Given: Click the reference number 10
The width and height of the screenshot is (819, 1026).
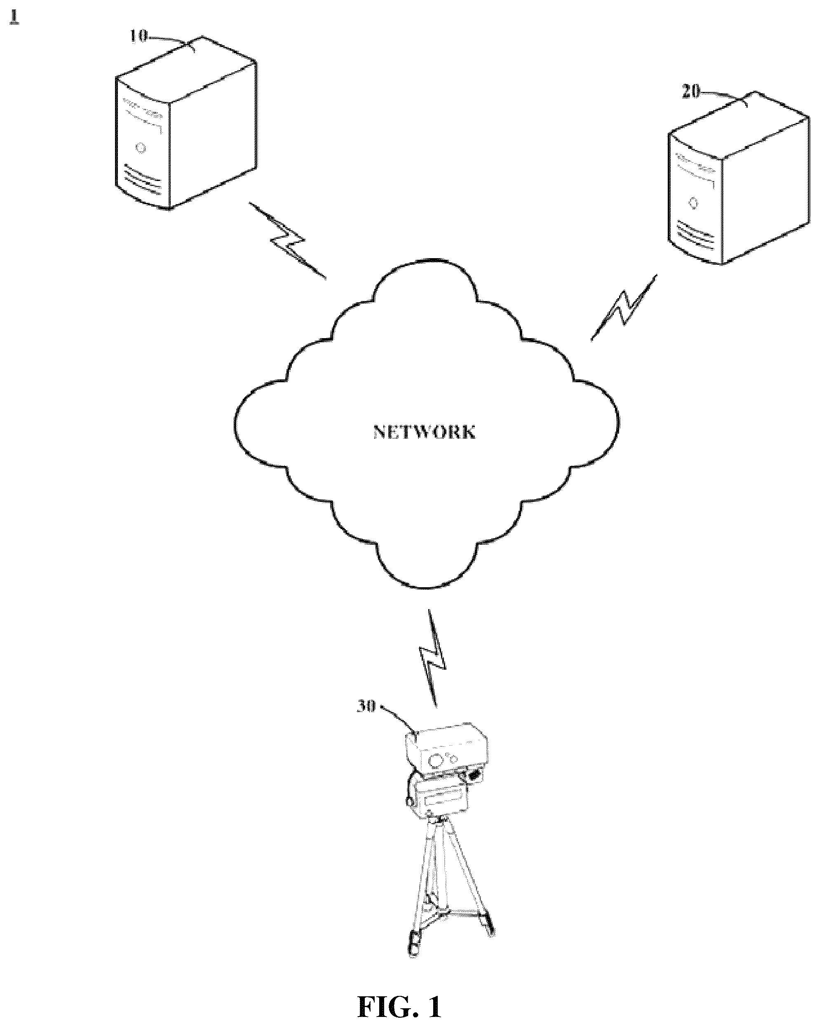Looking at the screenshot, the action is pyautogui.click(x=139, y=37).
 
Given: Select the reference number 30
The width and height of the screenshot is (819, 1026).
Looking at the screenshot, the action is pyautogui.click(x=366, y=706).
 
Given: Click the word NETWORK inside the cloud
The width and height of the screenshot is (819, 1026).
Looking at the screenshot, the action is pyautogui.click(x=424, y=432).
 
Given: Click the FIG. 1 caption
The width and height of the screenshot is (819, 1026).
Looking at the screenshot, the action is pyautogui.click(x=399, y=1007).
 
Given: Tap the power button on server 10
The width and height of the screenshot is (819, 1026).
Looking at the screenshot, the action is pyautogui.click(x=140, y=148).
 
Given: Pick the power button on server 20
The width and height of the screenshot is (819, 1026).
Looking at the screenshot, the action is pyautogui.click(x=693, y=203).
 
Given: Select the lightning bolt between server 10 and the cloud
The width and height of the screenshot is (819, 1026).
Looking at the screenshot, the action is pyautogui.click(x=287, y=240).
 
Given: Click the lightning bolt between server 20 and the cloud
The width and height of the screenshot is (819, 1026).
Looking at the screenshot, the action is pyautogui.click(x=624, y=307).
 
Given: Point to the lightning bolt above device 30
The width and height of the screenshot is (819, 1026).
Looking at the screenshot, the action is pyautogui.click(x=432, y=658).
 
